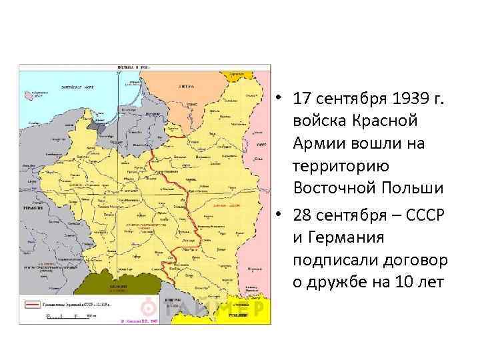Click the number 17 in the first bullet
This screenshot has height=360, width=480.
tap(301, 100)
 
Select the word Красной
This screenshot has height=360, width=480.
tap(381, 122)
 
